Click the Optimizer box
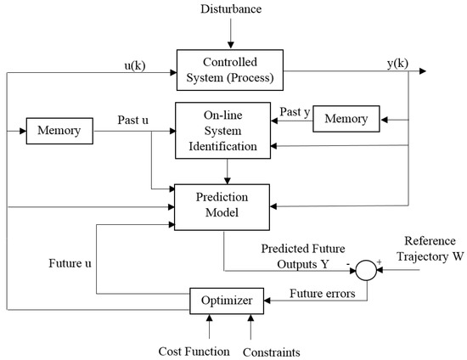226,300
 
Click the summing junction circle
366,271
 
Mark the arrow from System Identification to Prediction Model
228,172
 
